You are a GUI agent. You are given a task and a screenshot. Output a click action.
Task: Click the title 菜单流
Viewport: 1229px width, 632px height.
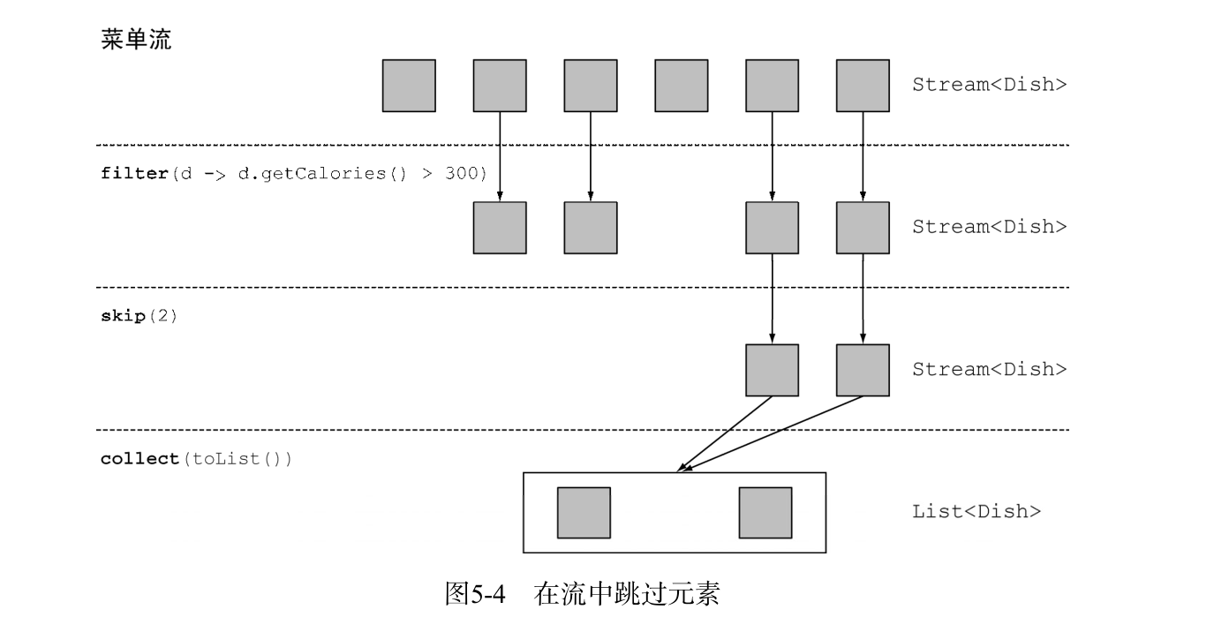click(x=135, y=41)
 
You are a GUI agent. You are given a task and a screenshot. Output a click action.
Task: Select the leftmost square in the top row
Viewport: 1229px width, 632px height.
click(x=409, y=86)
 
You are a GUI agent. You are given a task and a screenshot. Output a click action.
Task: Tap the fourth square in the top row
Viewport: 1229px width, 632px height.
click(x=681, y=86)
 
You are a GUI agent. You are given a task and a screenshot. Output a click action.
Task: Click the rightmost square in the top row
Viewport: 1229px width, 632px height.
click(x=863, y=86)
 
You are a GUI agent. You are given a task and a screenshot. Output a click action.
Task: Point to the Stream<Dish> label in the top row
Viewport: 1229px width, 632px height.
click(x=990, y=86)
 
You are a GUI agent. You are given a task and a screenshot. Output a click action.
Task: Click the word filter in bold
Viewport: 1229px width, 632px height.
click(x=132, y=171)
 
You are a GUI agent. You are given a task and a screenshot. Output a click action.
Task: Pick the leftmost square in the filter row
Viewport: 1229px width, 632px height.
click(x=500, y=228)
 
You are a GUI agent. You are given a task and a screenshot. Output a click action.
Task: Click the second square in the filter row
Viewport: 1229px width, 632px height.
click(x=591, y=228)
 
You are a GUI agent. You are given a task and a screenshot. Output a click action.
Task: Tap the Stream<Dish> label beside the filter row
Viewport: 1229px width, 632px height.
click(x=990, y=227)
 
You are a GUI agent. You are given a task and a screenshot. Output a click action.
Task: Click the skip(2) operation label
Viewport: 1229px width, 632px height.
click(x=139, y=315)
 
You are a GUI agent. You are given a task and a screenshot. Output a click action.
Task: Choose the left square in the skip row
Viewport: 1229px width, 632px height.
click(x=773, y=370)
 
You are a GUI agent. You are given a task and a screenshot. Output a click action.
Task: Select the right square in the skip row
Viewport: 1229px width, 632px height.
click(x=863, y=370)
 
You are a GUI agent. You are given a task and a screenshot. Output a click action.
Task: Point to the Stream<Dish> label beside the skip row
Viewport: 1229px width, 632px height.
click(x=990, y=369)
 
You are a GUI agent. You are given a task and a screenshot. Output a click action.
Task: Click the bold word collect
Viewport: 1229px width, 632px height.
click(x=140, y=459)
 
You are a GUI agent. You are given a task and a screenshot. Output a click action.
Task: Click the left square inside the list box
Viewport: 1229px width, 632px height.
click(x=584, y=513)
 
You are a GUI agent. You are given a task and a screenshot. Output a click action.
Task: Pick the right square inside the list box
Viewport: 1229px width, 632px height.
click(x=765, y=513)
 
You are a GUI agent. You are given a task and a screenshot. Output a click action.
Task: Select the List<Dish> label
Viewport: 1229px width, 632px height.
click(x=976, y=511)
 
